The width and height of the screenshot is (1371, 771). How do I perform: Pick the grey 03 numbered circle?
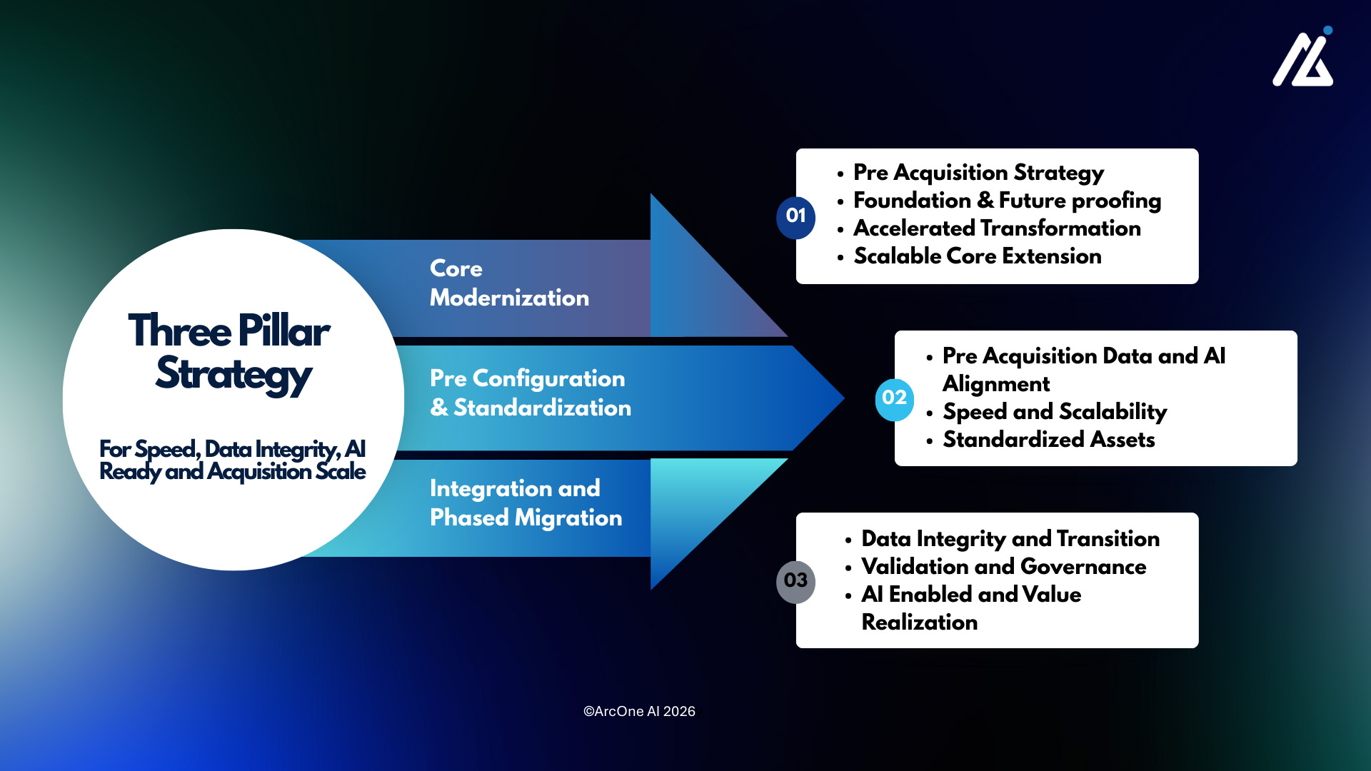point(795,581)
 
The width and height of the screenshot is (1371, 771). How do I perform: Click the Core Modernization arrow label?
point(509,283)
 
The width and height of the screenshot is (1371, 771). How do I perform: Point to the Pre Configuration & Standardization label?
point(530,393)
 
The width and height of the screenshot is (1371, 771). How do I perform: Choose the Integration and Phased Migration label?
point(526,503)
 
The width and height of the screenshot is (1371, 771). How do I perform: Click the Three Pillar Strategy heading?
point(230,352)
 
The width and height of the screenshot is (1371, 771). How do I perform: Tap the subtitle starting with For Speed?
point(232,460)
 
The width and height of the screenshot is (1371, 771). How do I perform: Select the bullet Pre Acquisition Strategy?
point(978,173)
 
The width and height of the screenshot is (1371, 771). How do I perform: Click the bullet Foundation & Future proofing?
point(1007,201)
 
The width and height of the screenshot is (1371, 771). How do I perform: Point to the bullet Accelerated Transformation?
point(997,228)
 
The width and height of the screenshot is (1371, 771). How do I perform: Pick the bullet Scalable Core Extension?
point(977,256)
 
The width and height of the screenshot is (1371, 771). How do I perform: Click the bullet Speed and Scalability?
point(1055,412)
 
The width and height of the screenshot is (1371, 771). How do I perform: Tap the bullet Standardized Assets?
point(1048,440)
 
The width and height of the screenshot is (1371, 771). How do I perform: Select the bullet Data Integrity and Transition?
point(1010,539)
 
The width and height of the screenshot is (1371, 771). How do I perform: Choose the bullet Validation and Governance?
point(1003,567)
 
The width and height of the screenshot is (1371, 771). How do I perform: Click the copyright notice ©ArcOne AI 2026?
point(639,712)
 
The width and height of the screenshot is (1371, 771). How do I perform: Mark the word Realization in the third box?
point(920,623)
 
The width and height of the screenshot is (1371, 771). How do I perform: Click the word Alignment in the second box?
point(996,384)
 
